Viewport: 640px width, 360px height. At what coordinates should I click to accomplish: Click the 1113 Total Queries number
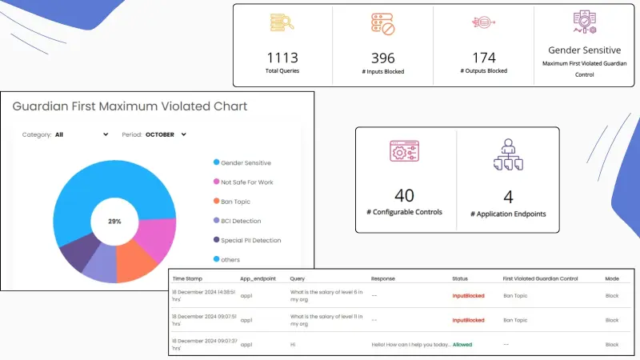pyautogui.click(x=282, y=57)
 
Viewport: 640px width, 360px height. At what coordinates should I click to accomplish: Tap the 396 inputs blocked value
pyautogui.click(x=383, y=58)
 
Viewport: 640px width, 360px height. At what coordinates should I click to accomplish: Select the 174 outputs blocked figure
pyautogui.click(x=484, y=57)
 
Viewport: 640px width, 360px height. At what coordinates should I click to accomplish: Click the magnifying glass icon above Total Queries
pyautogui.click(x=282, y=23)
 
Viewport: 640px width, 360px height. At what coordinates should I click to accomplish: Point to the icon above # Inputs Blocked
pyautogui.click(x=383, y=24)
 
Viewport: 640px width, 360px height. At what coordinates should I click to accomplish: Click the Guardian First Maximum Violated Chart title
pyautogui.click(x=130, y=106)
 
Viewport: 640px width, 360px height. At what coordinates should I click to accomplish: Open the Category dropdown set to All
pyautogui.click(x=81, y=134)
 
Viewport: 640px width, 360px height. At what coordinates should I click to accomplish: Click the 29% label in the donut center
pyautogui.click(x=114, y=220)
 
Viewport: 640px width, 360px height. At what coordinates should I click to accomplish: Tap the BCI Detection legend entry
pyautogui.click(x=237, y=221)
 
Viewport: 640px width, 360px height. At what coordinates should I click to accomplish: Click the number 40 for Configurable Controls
pyautogui.click(x=405, y=195)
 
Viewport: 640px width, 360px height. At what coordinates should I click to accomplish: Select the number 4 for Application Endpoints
pyautogui.click(x=508, y=196)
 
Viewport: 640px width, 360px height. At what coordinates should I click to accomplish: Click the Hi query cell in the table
pyautogui.click(x=293, y=344)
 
